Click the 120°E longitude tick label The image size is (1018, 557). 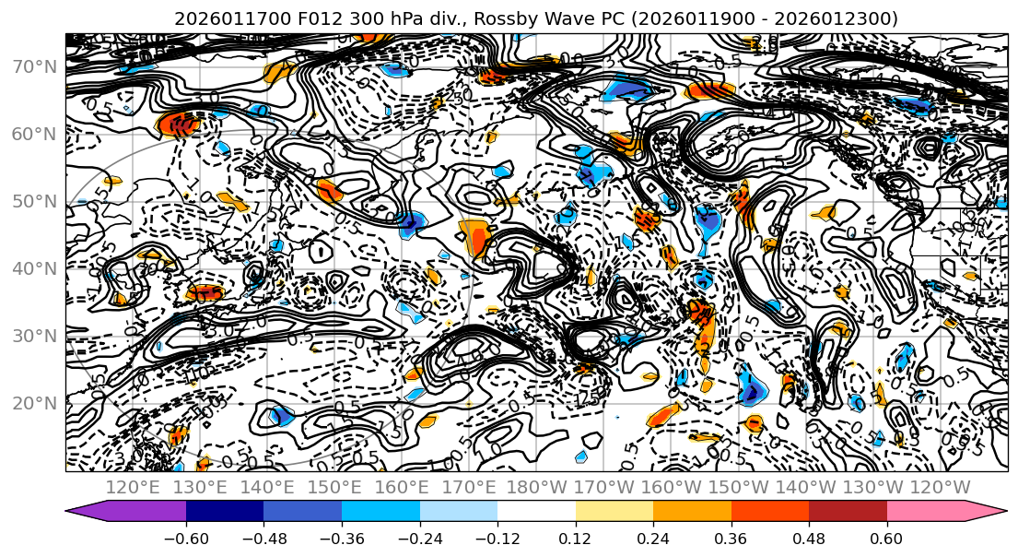click(134, 487)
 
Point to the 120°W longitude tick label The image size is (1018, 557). click(939, 487)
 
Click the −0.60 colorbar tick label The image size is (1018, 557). click(186, 537)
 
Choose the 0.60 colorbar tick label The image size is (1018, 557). click(886, 537)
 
